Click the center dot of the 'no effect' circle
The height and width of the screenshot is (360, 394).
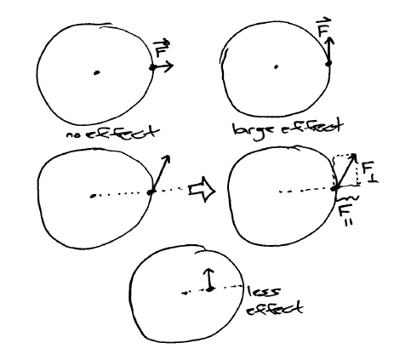pos(97,73)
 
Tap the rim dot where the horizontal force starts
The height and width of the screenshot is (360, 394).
pos(153,67)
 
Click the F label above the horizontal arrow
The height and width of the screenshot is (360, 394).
pos(161,49)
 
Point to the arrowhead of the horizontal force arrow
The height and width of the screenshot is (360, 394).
pos(169,66)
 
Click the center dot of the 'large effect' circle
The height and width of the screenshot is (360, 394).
pos(276,67)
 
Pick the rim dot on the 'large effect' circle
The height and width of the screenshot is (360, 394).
pos(328,64)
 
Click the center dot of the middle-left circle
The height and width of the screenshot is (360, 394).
pos(92,196)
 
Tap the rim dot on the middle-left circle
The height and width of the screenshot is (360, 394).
pos(151,192)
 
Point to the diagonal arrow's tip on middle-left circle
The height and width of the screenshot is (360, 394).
pos(168,157)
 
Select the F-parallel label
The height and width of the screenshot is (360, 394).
pos(345,214)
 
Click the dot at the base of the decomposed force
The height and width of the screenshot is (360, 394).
pos(335,188)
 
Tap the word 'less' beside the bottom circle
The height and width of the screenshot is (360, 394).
pos(264,292)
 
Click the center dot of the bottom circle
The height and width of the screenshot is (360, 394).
pos(185,293)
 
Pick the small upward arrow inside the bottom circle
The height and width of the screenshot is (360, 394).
pos(209,279)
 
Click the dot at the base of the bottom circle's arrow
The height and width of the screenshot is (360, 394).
pos(209,289)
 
